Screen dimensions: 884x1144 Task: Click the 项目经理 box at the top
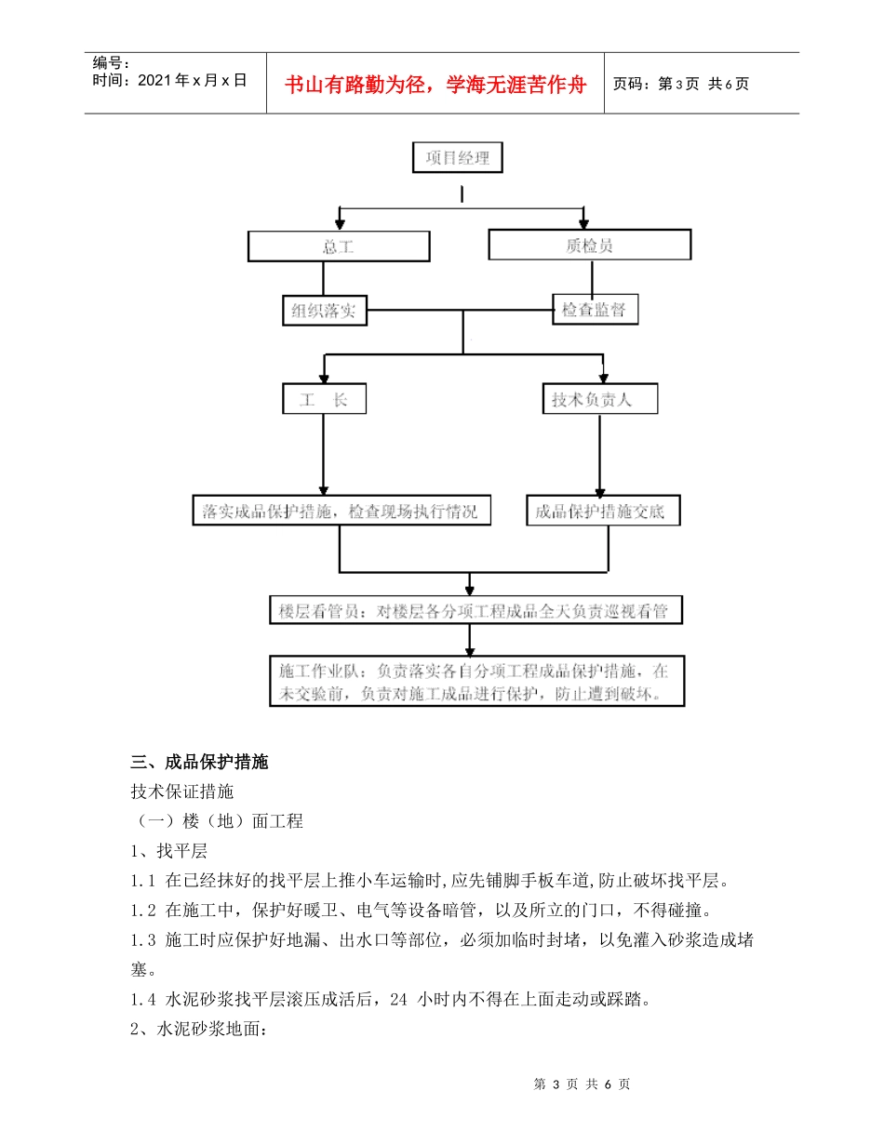coord(458,158)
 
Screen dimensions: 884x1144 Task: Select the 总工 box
coord(339,246)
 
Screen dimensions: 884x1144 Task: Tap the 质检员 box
coord(590,246)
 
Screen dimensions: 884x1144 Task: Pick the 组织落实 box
coord(325,311)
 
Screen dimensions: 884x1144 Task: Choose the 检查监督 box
coord(596,310)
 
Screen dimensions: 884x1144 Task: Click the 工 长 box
coord(325,400)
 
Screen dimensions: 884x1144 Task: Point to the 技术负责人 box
coord(600,400)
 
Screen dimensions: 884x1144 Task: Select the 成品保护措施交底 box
coord(602,511)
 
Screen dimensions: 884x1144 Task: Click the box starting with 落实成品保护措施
coord(342,511)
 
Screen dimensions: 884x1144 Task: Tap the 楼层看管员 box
coord(474,611)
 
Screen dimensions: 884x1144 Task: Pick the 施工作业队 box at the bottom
coord(475,683)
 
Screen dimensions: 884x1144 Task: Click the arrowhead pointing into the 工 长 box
coord(324,379)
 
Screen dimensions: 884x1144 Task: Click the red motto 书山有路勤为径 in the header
coord(435,85)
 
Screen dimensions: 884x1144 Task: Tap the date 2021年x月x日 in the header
coord(170,80)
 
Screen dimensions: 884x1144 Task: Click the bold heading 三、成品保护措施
coord(200,763)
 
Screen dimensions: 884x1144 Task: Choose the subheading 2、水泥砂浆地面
coord(199,1031)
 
